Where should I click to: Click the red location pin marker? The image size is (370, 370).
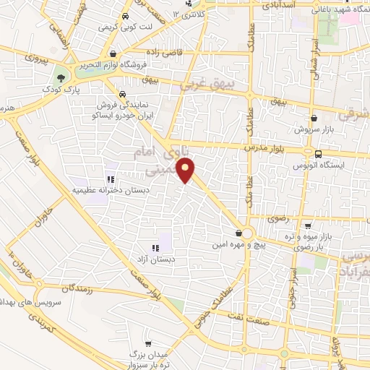click(x=188, y=171)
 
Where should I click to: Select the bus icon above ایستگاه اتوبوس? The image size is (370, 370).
click(x=318, y=153)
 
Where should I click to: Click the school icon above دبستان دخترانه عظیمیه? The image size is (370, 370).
click(x=110, y=178)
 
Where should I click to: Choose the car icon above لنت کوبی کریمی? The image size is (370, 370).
click(x=126, y=16)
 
